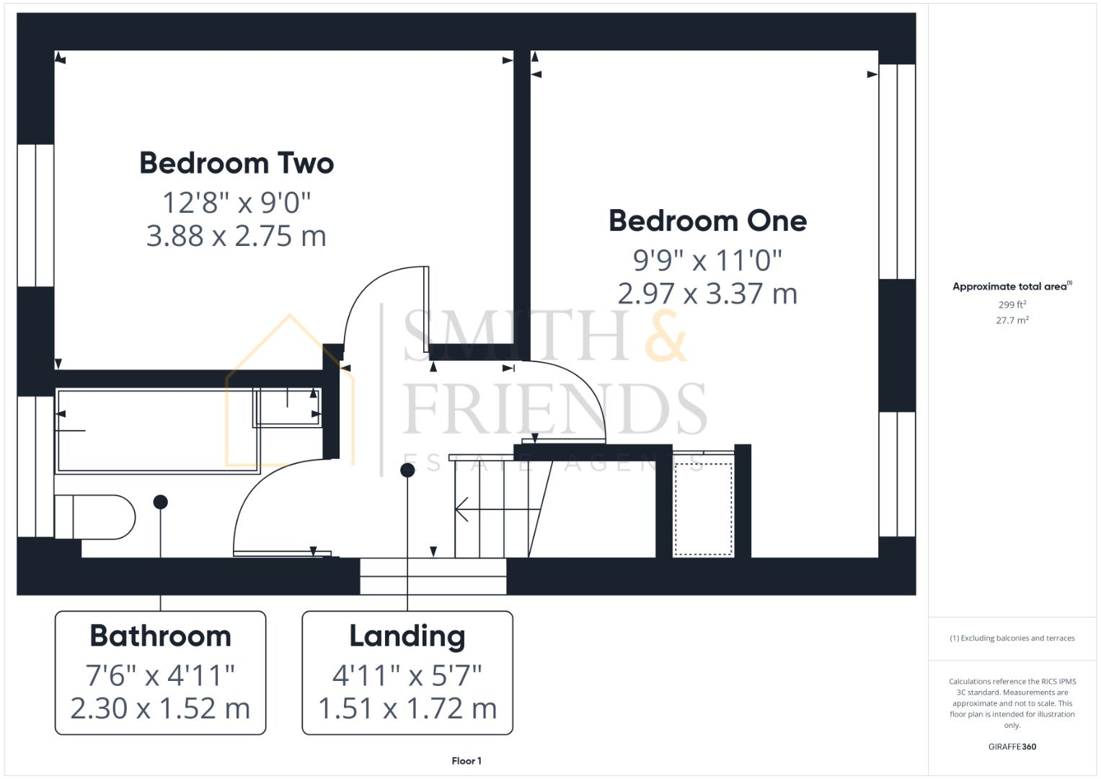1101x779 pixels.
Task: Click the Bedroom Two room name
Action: tap(236, 163)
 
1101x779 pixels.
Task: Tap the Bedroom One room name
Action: tap(707, 221)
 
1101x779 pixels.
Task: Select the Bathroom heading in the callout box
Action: tap(160, 636)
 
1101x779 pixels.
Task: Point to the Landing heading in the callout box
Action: tap(407, 636)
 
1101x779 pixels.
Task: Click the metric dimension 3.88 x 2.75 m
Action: tap(236, 236)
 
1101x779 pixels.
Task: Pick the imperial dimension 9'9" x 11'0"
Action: tap(707, 260)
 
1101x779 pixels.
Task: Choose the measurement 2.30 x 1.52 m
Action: tap(160, 708)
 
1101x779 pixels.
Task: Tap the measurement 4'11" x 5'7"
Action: tap(407, 676)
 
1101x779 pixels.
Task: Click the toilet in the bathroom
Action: tap(94, 516)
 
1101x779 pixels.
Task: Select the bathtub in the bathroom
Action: tap(155, 431)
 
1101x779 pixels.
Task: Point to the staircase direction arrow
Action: tap(462, 509)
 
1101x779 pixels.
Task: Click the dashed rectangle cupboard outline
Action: tap(703, 509)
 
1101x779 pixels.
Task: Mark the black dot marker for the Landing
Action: tap(407, 470)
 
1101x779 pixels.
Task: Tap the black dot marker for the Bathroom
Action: tap(161, 502)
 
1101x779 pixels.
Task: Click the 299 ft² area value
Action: tap(1012, 305)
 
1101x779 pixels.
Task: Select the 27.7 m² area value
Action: tap(1012, 320)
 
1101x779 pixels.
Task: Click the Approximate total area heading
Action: tap(1012, 286)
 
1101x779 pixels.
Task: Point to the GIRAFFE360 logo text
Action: tap(1012, 747)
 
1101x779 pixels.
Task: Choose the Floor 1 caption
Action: tap(467, 761)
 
